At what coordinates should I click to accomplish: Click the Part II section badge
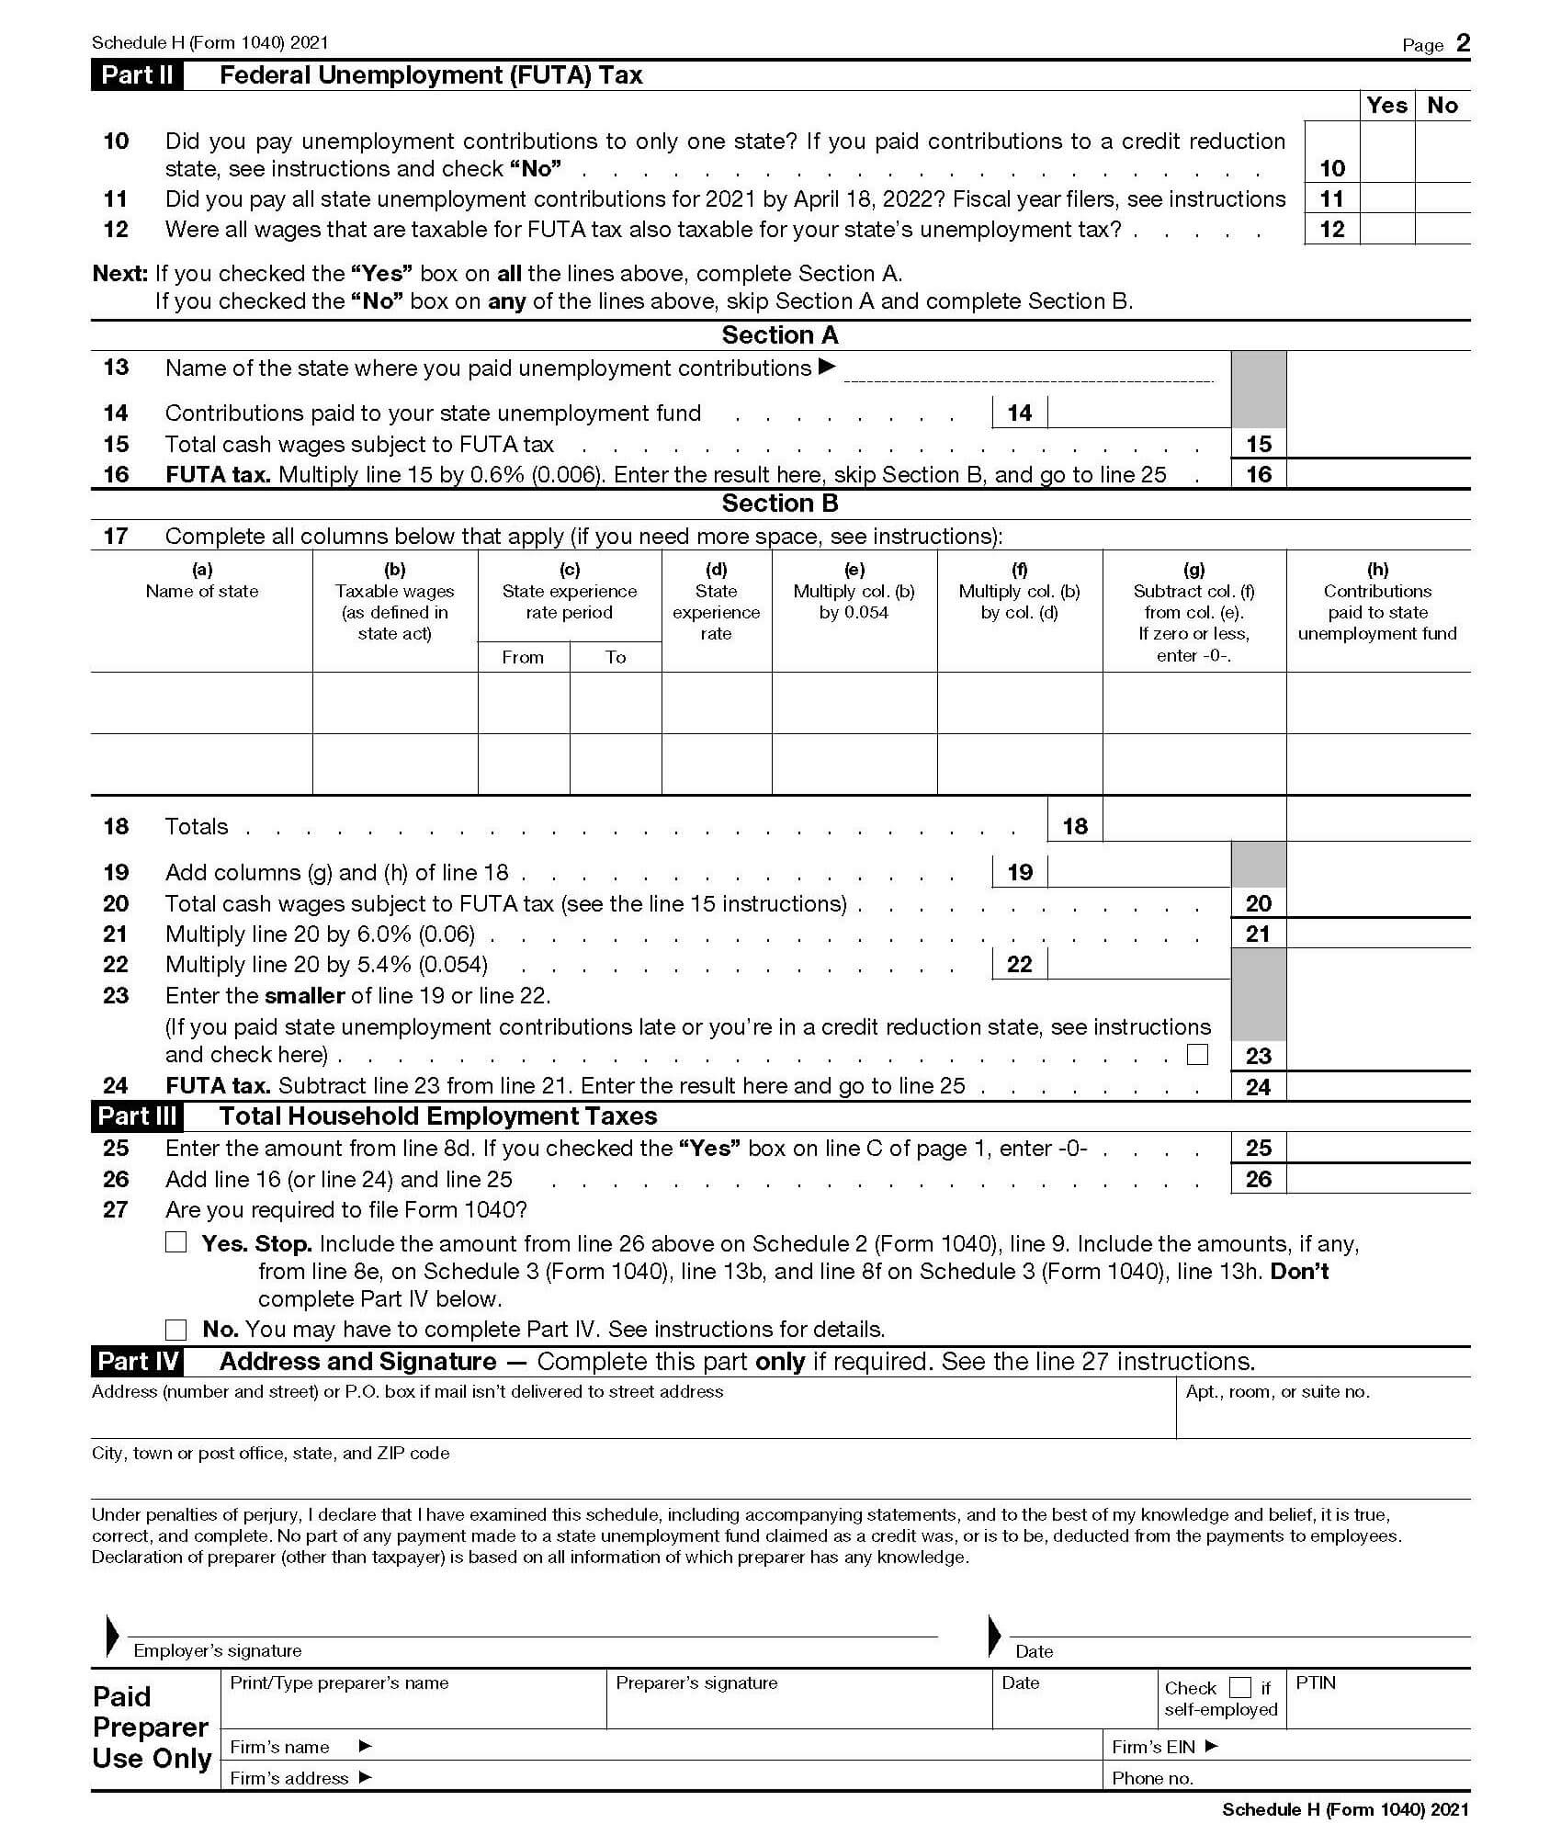(137, 75)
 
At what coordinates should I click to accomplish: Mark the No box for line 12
(1442, 229)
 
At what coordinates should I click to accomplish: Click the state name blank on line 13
(1028, 370)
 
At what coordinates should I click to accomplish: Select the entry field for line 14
(1137, 413)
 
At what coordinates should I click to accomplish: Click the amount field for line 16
(1377, 474)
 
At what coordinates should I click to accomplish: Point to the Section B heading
(780, 504)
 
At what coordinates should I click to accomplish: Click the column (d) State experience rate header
(716, 602)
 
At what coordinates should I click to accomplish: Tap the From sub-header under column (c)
(523, 657)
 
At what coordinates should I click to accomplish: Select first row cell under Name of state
(201, 703)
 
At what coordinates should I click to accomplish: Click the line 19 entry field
(1137, 872)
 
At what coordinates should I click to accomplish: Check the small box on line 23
(1197, 1054)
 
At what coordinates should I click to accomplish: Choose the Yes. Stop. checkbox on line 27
(175, 1242)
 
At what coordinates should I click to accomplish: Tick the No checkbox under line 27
(175, 1329)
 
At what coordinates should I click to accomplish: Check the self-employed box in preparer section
(1239, 1687)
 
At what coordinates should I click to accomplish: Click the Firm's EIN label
(1152, 1747)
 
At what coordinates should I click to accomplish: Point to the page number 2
(1463, 43)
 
